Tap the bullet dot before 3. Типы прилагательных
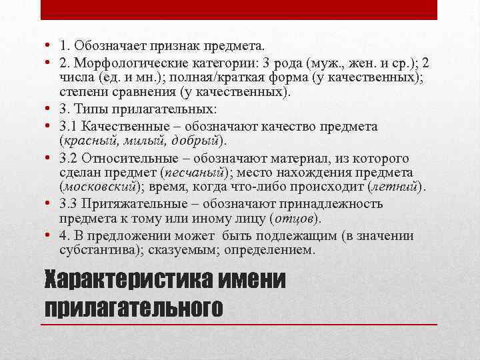49,109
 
